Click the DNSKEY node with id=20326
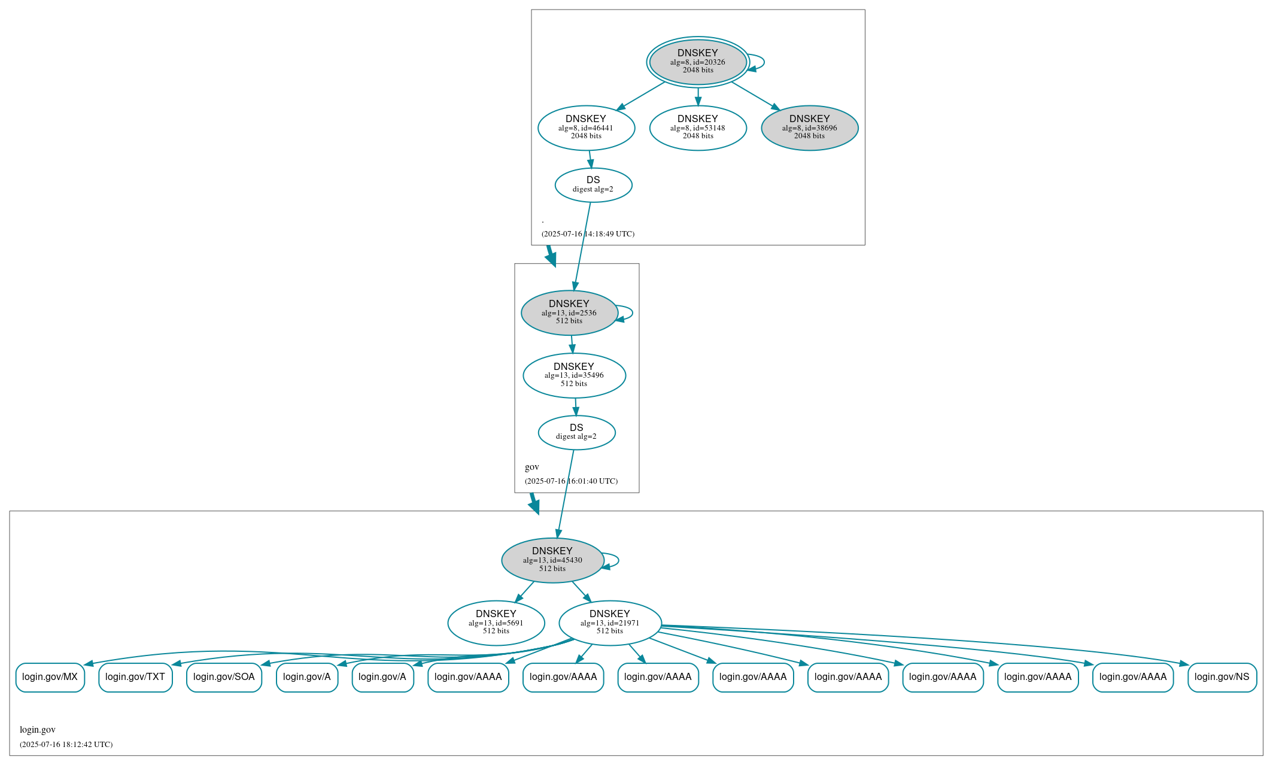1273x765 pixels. tap(697, 62)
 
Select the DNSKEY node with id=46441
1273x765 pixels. tap(586, 127)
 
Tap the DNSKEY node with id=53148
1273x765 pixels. tap(698, 127)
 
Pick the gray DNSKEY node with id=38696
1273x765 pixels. tap(809, 127)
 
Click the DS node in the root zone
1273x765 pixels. tap(593, 185)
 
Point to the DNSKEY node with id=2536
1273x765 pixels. tap(569, 312)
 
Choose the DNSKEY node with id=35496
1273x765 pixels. tap(574, 375)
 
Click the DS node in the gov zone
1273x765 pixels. tap(576, 432)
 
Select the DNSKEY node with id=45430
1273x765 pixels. tap(552, 560)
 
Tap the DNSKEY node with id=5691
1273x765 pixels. tap(496, 623)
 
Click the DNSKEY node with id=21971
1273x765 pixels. tap(610, 623)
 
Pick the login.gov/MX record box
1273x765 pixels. tap(50, 677)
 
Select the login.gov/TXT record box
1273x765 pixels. tap(135, 677)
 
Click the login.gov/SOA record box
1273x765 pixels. tap(224, 677)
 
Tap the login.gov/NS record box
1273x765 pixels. tap(1222, 677)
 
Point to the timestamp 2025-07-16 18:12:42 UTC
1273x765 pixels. tap(66, 745)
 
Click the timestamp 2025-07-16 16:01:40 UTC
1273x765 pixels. tap(571, 481)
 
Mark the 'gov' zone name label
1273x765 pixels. tap(532, 467)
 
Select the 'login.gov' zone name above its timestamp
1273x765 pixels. tap(38, 730)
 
